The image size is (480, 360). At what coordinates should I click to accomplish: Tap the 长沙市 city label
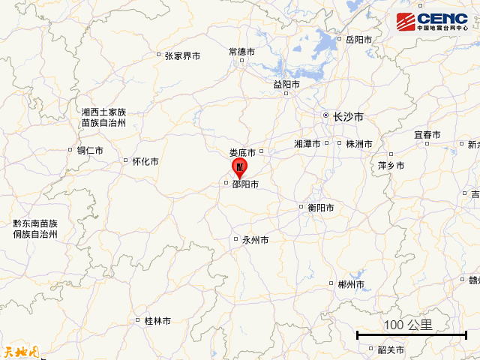click(x=348, y=117)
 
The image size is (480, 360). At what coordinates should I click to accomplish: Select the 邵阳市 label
click(x=245, y=184)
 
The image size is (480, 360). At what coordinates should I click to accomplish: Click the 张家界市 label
click(x=182, y=55)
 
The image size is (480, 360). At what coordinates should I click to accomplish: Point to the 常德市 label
click(x=241, y=52)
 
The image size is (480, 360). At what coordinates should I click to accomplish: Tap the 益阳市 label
click(x=286, y=85)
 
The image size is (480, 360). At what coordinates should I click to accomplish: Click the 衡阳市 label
click(x=320, y=208)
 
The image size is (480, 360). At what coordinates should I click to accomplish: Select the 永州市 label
click(x=255, y=241)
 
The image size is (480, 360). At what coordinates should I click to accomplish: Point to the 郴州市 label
click(x=350, y=284)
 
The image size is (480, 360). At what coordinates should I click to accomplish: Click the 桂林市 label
click(x=157, y=321)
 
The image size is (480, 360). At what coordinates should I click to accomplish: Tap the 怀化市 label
click(x=145, y=161)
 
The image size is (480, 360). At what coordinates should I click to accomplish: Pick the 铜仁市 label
click(x=89, y=150)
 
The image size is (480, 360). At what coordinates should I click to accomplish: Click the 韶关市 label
click(x=391, y=349)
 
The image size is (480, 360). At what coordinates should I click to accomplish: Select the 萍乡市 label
click(x=391, y=165)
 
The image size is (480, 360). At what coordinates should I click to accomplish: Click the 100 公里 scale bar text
click(x=408, y=325)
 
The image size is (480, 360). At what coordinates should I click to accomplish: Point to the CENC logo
click(x=432, y=20)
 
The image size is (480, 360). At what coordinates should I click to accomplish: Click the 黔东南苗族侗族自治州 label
click(x=35, y=229)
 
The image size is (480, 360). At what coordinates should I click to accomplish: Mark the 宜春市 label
click(x=427, y=135)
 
